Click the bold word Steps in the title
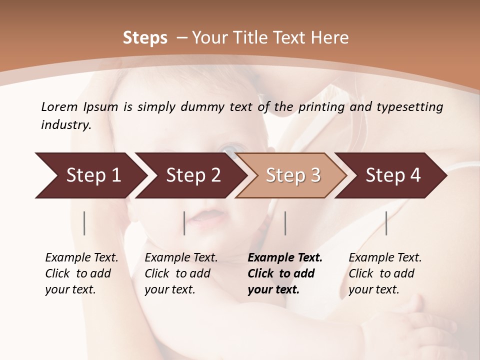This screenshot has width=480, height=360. tap(145, 38)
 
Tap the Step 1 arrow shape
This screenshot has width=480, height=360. tap(90, 175)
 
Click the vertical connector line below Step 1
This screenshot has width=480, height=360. tap(84, 223)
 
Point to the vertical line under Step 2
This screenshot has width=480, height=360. tap(184, 223)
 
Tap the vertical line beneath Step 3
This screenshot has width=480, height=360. tap(285, 223)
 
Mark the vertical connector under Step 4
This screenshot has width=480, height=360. tap(386, 223)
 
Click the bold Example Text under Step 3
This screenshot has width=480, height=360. tap(285, 258)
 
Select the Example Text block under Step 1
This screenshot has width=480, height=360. tap(81, 273)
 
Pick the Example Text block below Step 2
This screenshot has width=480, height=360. tap(181, 273)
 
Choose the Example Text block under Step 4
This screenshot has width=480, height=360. tap(385, 273)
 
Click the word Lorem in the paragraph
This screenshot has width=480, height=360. tap(59, 106)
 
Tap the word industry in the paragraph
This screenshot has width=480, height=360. tap(66, 125)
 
